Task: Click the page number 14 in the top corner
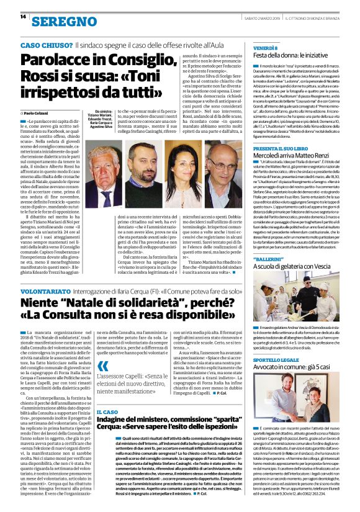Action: [x=14, y=17]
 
